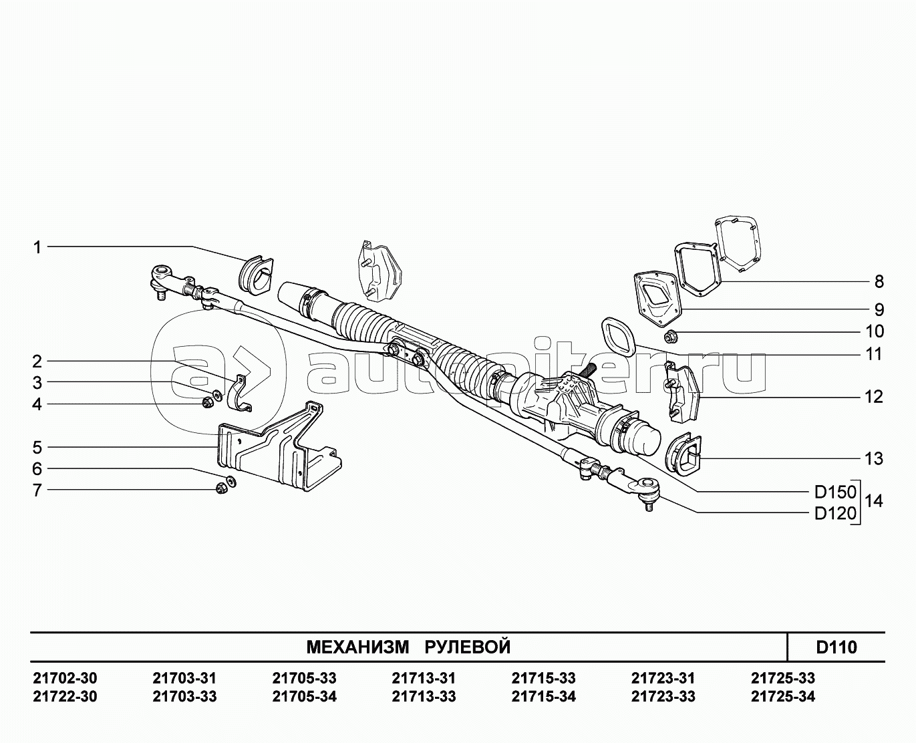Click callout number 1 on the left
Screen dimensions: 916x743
pos(37,248)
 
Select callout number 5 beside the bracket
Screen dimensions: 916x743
pos(37,448)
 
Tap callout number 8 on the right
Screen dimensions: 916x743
pos(879,282)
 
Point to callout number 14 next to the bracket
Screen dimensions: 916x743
pos(874,501)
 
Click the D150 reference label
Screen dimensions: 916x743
pos(836,492)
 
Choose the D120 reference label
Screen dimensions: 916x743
pos(836,513)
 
